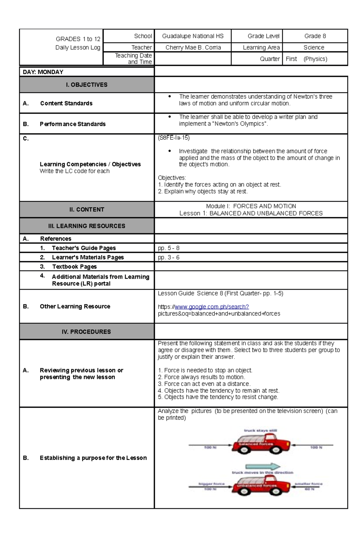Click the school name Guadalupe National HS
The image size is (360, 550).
pos(193,36)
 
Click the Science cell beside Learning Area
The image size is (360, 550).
pos(314,47)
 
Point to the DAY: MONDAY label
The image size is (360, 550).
pos(43,72)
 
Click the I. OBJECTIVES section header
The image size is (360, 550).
pos(87,85)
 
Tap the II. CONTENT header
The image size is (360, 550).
pos(87,210)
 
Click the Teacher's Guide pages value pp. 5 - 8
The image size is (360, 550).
pos(169,248)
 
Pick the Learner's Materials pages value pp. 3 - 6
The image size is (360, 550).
pos(169,257)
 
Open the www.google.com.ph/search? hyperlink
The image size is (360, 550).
pos(212,307)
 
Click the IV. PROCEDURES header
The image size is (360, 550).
pos(86,332)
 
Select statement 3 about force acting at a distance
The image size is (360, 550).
pos(204,384)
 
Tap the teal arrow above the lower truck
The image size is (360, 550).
pos(263,466)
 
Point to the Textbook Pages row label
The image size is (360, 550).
pos(74,267)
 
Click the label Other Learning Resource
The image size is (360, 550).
pos(75,306)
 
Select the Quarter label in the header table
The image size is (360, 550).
pos(270,59)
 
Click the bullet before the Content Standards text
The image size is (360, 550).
pos(170,97)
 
